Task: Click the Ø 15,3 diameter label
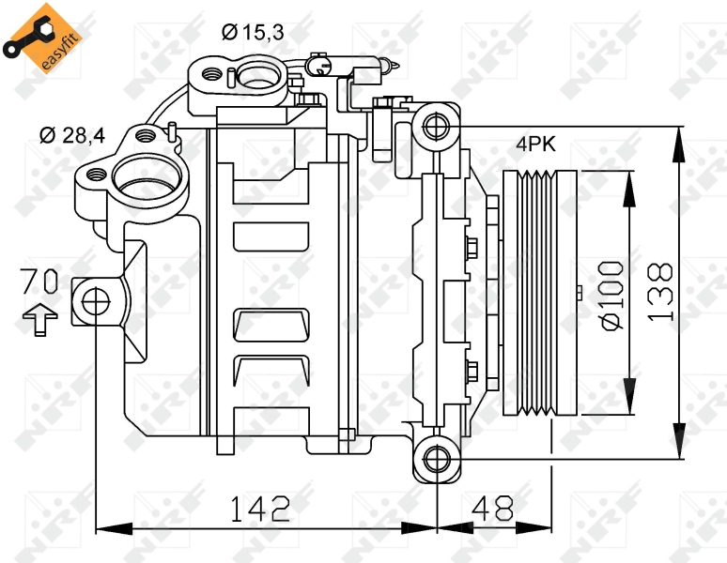(x=253, y=33)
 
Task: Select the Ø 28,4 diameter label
(x=72, y=135)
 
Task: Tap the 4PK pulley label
(x=535, y=144)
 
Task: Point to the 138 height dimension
(x=659, y=293)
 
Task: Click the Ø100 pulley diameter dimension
(x=611, y=296)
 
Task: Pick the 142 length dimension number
(x=260, y=509)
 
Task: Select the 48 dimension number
(x=492, y=508)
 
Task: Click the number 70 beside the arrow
(x=39, y=281)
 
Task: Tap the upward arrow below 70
(x=39, y=319)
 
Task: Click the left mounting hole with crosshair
(x=96, y=301)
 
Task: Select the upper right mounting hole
(x=436, y=126)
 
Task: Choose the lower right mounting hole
(x=437, y=459)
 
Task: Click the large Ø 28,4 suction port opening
(x=147, y=176)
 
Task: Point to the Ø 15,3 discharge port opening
(x=258, y=76)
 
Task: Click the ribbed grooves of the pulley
(x=537, y=293)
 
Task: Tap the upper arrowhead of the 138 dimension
(x=679, y=144)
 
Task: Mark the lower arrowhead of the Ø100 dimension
(x=629, y=396)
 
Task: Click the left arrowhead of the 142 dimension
(x=114, y=527)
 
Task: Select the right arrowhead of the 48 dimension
(x=534, y=527)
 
